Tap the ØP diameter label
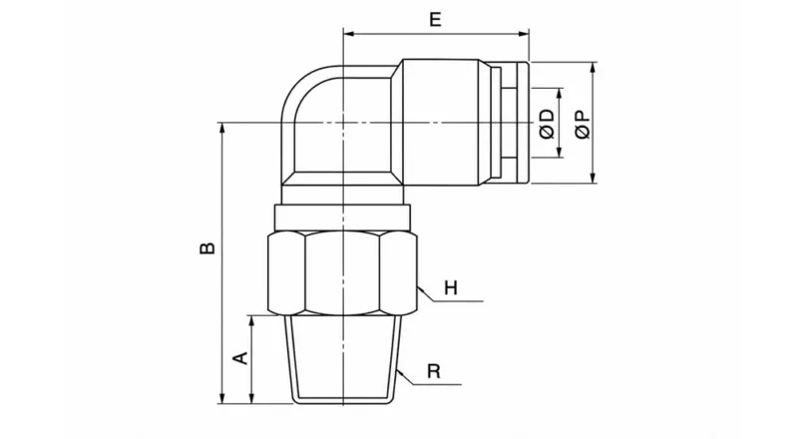(x=584, y=124)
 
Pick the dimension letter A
(x=239, y=357)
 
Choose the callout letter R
(x=434, y=371)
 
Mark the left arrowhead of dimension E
(x=348, y=34)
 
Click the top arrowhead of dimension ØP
(x=594, y=69)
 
